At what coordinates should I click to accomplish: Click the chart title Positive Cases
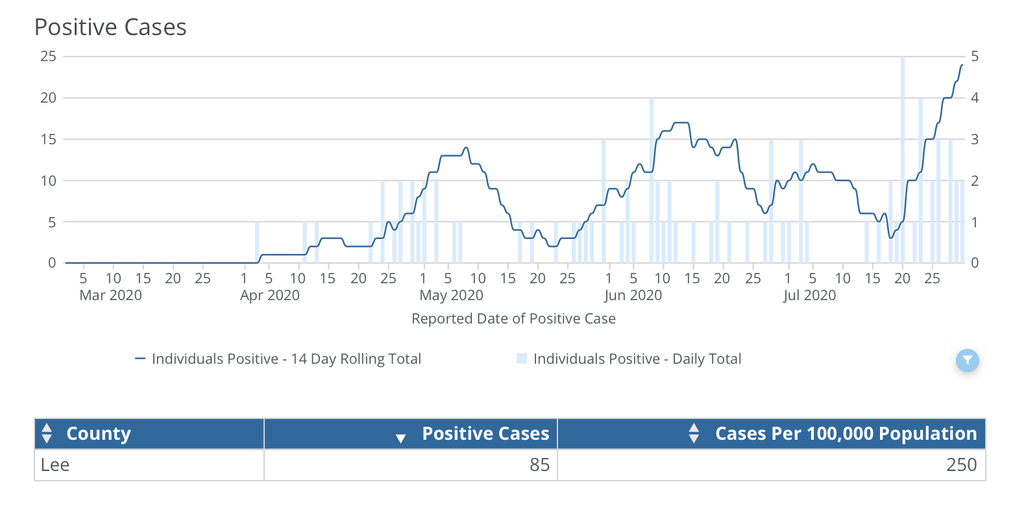(x=110, y=27)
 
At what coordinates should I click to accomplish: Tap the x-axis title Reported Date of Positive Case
(x=513, y=319)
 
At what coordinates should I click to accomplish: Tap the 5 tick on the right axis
(x=974, y=57)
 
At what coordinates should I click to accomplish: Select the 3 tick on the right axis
(x=974, y=139)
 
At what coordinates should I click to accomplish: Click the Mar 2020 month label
(x=110, y=296)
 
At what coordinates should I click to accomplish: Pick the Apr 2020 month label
(x=270, y=296)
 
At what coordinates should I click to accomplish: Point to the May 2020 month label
(x=451, y=296)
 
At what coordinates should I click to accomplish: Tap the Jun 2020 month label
(x=633, y=296)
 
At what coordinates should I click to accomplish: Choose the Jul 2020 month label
(x=809, y=296)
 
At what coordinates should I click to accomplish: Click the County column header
(x=99, y=434)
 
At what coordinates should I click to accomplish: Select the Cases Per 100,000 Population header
(x=846, y=434)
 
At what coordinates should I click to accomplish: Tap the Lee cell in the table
(x=55, y=465)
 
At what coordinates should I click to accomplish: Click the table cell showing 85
(x=539, y=465)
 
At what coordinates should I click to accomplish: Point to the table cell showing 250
(x=961, y=465)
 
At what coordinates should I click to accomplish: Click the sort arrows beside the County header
(x=46, y=433)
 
